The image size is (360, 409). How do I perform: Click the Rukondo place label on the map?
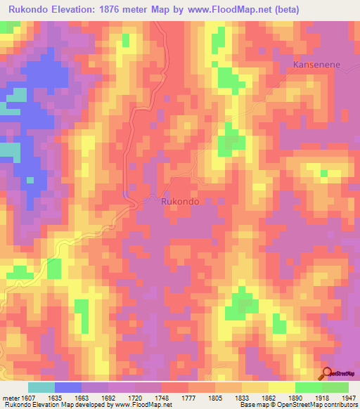(180, 201)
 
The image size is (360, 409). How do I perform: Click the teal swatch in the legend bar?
(41, 387)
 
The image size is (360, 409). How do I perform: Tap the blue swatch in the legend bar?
(68, 387)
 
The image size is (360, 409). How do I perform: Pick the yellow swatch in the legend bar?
(282, 387)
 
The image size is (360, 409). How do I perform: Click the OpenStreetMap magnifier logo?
(326, 372)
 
